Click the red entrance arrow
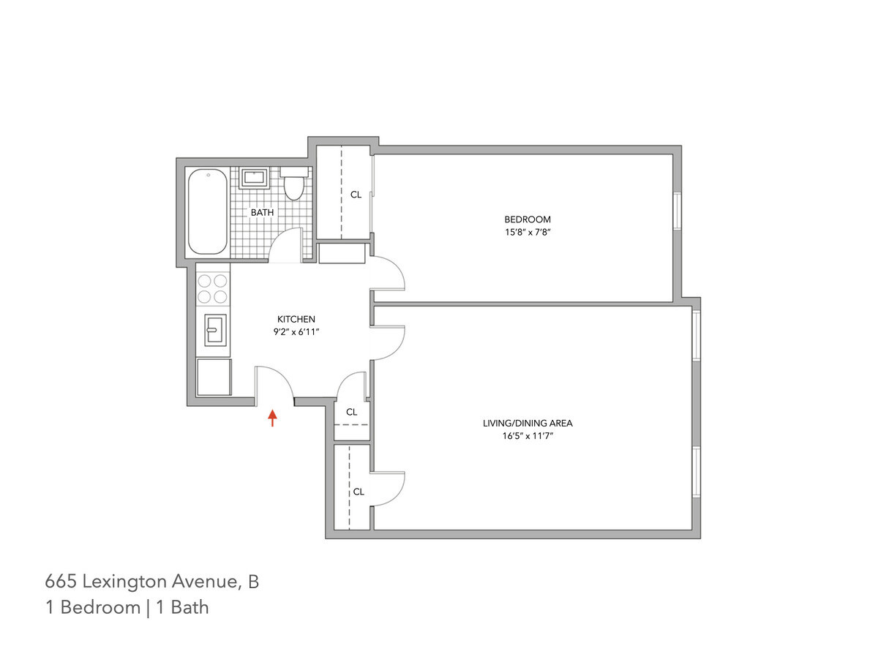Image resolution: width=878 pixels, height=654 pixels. pos(273,418)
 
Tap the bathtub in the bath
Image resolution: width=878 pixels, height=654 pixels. pos(207,212)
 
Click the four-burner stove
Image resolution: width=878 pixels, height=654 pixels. pos(213,287)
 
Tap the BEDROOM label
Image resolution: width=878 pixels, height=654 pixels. pos(527,219)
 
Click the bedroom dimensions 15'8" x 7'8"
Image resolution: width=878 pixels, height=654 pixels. pos(527,233)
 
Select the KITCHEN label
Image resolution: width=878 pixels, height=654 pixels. pos(296,319)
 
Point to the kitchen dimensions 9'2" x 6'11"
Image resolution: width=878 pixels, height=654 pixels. pos(296,332)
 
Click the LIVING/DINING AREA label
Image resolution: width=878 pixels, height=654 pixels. pos(528,423)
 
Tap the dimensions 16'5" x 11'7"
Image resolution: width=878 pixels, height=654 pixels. pos(528,436)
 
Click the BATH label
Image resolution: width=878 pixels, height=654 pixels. pos(262,213)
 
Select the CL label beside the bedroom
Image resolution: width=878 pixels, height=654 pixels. pos(356,195)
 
